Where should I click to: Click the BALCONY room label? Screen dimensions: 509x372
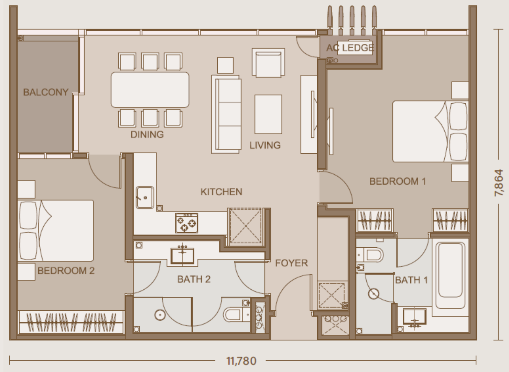click(46, 92)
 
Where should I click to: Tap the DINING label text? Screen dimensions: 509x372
click(147, 134)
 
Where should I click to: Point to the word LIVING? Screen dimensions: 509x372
click(265, 145)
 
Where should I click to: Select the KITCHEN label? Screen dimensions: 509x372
click(221, 192)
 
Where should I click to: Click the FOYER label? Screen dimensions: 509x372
click(292, 263)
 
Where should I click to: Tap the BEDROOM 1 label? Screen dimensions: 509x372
click(398, 181)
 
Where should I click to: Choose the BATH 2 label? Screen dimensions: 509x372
click(194, 279)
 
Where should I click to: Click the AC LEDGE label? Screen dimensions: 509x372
click(350, 48)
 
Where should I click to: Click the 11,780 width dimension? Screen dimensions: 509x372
click(241, 361)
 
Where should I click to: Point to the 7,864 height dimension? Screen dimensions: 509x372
click(499, 183)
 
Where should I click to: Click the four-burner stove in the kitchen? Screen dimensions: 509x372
click(186, 223)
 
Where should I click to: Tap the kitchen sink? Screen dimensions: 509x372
click(145, 197)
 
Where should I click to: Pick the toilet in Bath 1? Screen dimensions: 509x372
click(370, 255)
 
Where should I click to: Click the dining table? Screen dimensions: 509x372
click(150, 90)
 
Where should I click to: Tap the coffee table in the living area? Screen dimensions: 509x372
click(268, 114)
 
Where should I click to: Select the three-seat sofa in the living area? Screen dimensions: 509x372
click(226, 114)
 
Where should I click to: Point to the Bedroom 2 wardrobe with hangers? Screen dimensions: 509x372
click(71, 322)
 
